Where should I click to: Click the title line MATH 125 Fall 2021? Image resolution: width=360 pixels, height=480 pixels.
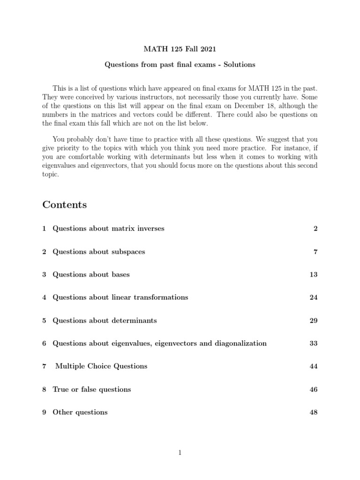[x=180, y=48]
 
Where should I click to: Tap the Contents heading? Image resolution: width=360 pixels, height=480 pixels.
[x=64, y=204]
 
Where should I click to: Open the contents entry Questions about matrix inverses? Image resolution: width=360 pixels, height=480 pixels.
[x=108, y=229]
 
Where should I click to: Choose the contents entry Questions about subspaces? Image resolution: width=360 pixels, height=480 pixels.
[x=99, y=252]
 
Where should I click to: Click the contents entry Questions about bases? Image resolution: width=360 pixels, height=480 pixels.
[x=91, y=275]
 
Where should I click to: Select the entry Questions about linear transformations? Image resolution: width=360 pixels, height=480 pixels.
[x=120, y=297]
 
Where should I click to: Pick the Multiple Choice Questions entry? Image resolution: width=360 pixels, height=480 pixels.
[x=101, y=366]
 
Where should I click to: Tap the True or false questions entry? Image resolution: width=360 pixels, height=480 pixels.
[x=92, y=389]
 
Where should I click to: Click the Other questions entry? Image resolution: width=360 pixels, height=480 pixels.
[x=80, y=412]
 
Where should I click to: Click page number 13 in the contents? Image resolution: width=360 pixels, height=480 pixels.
[x=314, y=275]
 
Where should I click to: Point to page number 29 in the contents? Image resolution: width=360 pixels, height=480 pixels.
[x=314, y=321]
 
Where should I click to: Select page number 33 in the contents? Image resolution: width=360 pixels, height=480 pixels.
[x=314, y=343]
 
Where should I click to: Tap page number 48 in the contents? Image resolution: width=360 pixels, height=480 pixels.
[x=314, y=412]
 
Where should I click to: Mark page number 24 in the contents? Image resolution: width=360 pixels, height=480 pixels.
[x=314, y=297]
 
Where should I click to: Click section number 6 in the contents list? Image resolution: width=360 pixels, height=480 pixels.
[x=44, y=343]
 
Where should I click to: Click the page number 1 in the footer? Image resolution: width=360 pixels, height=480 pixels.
[x=180, y=452]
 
